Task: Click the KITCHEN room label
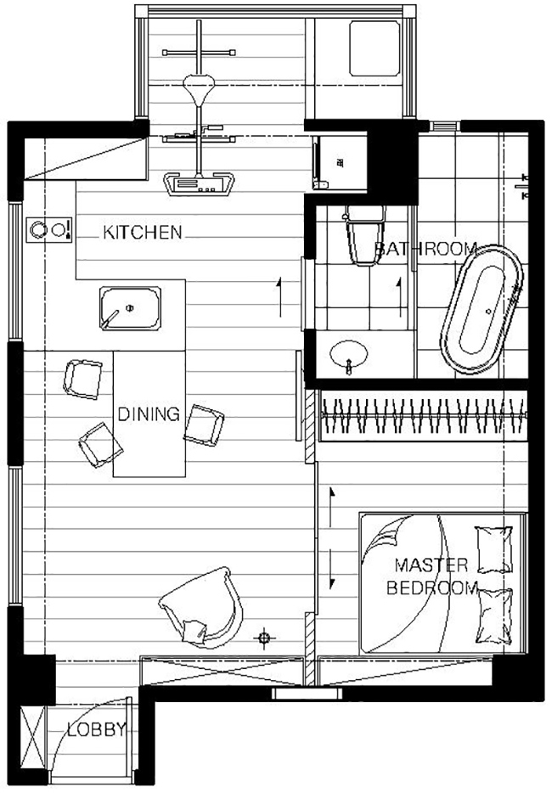click(142, 232)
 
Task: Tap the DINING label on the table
click(149, 414)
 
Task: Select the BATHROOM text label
click(426, 249)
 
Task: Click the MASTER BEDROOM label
click(431, 576)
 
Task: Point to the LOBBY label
click(96, 729)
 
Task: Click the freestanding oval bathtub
click(482, 310)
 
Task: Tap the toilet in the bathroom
click(365, 236)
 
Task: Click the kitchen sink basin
click(131, 308)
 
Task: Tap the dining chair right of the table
click(204, 425)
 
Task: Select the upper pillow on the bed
click(493, 549)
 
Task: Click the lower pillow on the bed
click(495, 616)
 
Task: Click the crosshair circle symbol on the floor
click(263, 638)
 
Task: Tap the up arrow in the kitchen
click(279, 297)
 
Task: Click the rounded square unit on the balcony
click(375, 48)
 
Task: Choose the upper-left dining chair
click(83, 380)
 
